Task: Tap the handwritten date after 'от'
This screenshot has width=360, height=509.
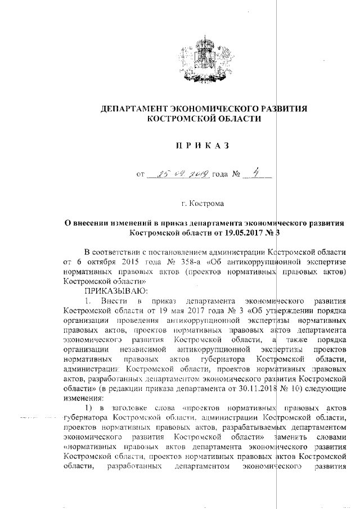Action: coord(178,175)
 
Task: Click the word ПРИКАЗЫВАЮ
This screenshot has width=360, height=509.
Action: coord(115,291)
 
